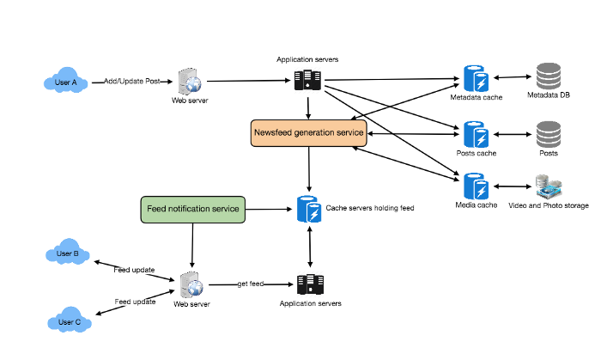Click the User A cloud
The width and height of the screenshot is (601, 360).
point(66,82)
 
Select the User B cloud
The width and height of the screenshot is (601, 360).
point(67,254)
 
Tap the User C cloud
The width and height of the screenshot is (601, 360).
point(70,322)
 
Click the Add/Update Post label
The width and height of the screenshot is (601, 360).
point(131,82)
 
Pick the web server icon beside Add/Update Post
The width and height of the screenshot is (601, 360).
point(191,82)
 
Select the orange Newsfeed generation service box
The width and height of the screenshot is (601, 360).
point(309,133)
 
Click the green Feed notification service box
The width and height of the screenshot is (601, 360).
point(193,210)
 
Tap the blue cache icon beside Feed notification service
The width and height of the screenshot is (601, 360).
point(309,210)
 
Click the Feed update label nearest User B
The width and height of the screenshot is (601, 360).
point(135,270)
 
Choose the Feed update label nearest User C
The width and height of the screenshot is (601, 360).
point(135,302)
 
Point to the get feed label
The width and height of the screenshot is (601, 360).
point(250,284)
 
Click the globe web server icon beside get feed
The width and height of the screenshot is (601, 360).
point(191,284)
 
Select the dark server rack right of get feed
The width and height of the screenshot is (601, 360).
point(310,284)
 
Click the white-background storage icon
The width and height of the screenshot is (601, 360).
point(549,186)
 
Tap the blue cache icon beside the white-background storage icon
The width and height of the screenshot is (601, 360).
point(477,186)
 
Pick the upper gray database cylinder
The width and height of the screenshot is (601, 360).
point(549,77)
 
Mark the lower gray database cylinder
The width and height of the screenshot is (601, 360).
point(549,134)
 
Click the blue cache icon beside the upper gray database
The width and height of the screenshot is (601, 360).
point(477,78)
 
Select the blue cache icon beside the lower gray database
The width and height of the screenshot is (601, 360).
point(477,134)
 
